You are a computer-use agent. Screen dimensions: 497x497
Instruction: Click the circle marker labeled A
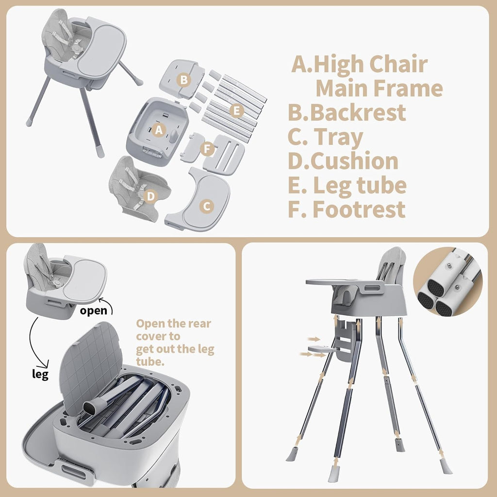coord(158,130)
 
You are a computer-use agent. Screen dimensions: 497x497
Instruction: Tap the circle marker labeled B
coord(183,80)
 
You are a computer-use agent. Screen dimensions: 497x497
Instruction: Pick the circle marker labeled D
coord(151,196)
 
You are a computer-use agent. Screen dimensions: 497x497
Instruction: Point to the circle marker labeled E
coord(237,111)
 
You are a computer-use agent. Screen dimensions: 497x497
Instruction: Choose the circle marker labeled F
coord(208,149)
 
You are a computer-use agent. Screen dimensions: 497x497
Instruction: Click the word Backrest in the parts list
coord(357,113)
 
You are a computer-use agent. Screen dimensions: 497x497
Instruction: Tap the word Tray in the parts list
coord(338,137)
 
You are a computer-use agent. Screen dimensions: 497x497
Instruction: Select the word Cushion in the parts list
coord(354,162)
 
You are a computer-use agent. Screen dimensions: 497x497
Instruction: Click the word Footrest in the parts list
coord(359,209)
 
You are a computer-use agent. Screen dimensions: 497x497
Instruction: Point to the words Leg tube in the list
coord(360,185)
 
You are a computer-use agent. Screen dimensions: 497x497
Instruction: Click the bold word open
coord(94,311)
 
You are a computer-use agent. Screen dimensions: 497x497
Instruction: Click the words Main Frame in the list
coord(379,89)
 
